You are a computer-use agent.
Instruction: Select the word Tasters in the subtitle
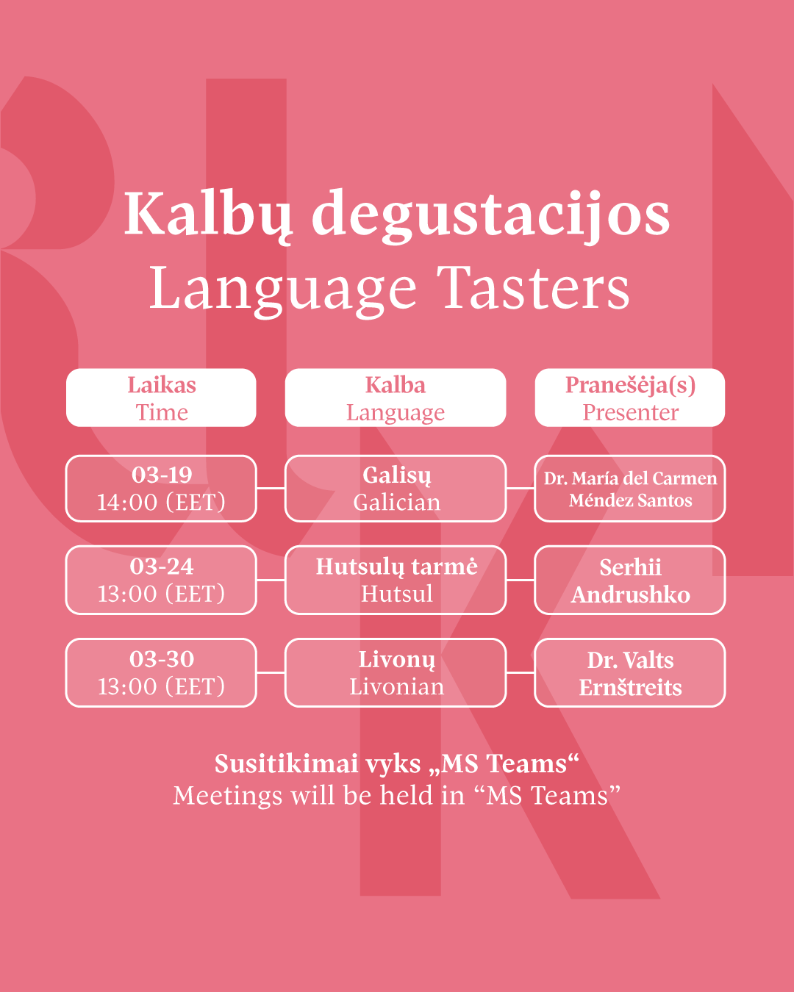533,289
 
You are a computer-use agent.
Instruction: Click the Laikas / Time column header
161,398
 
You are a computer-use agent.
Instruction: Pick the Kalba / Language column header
396,398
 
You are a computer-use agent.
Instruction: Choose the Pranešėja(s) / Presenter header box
630,398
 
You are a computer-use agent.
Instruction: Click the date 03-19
162,475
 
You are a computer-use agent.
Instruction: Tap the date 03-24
162,566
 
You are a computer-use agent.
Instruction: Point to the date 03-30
162,658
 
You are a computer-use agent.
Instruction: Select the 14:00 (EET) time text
161,502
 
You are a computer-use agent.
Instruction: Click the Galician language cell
396,489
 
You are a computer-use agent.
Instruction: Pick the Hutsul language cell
396,580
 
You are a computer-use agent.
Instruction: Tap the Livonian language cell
396,672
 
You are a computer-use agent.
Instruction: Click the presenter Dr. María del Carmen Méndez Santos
630,489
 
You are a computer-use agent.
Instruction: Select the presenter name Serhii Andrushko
630,581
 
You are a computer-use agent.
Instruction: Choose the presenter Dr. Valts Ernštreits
630,674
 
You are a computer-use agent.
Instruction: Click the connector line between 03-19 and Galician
271,488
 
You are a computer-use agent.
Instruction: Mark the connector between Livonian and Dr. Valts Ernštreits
521,672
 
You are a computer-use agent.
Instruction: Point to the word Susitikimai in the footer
287,763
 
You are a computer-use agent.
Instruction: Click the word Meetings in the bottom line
228,796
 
